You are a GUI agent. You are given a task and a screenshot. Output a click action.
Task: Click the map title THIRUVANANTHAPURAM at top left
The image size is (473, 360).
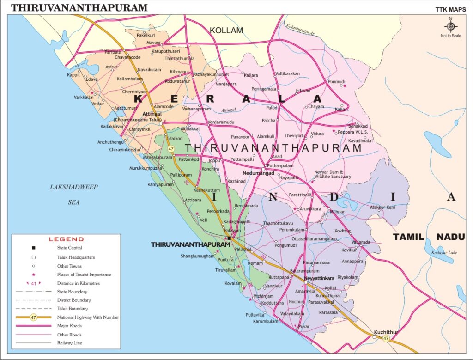click(79, 7)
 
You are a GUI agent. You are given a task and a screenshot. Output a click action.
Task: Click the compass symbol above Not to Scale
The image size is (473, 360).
click(451, 25)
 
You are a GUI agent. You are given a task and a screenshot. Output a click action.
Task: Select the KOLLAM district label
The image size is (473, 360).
click(226, 31)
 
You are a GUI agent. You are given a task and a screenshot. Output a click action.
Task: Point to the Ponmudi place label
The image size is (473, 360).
click(336, 81)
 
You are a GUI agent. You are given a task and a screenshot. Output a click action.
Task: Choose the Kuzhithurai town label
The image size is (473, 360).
click(386, 332)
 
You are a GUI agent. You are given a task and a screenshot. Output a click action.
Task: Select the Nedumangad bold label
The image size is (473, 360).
click(258, 173)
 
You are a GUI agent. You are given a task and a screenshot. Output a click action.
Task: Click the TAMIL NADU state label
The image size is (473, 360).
click(428, 237)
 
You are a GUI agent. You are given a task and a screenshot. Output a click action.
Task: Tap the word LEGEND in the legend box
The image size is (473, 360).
click(66, 239)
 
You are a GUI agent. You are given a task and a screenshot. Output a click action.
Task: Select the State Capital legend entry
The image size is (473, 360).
click(69, 248)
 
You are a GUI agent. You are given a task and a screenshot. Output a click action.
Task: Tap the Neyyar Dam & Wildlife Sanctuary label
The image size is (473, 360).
click(333, 174)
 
